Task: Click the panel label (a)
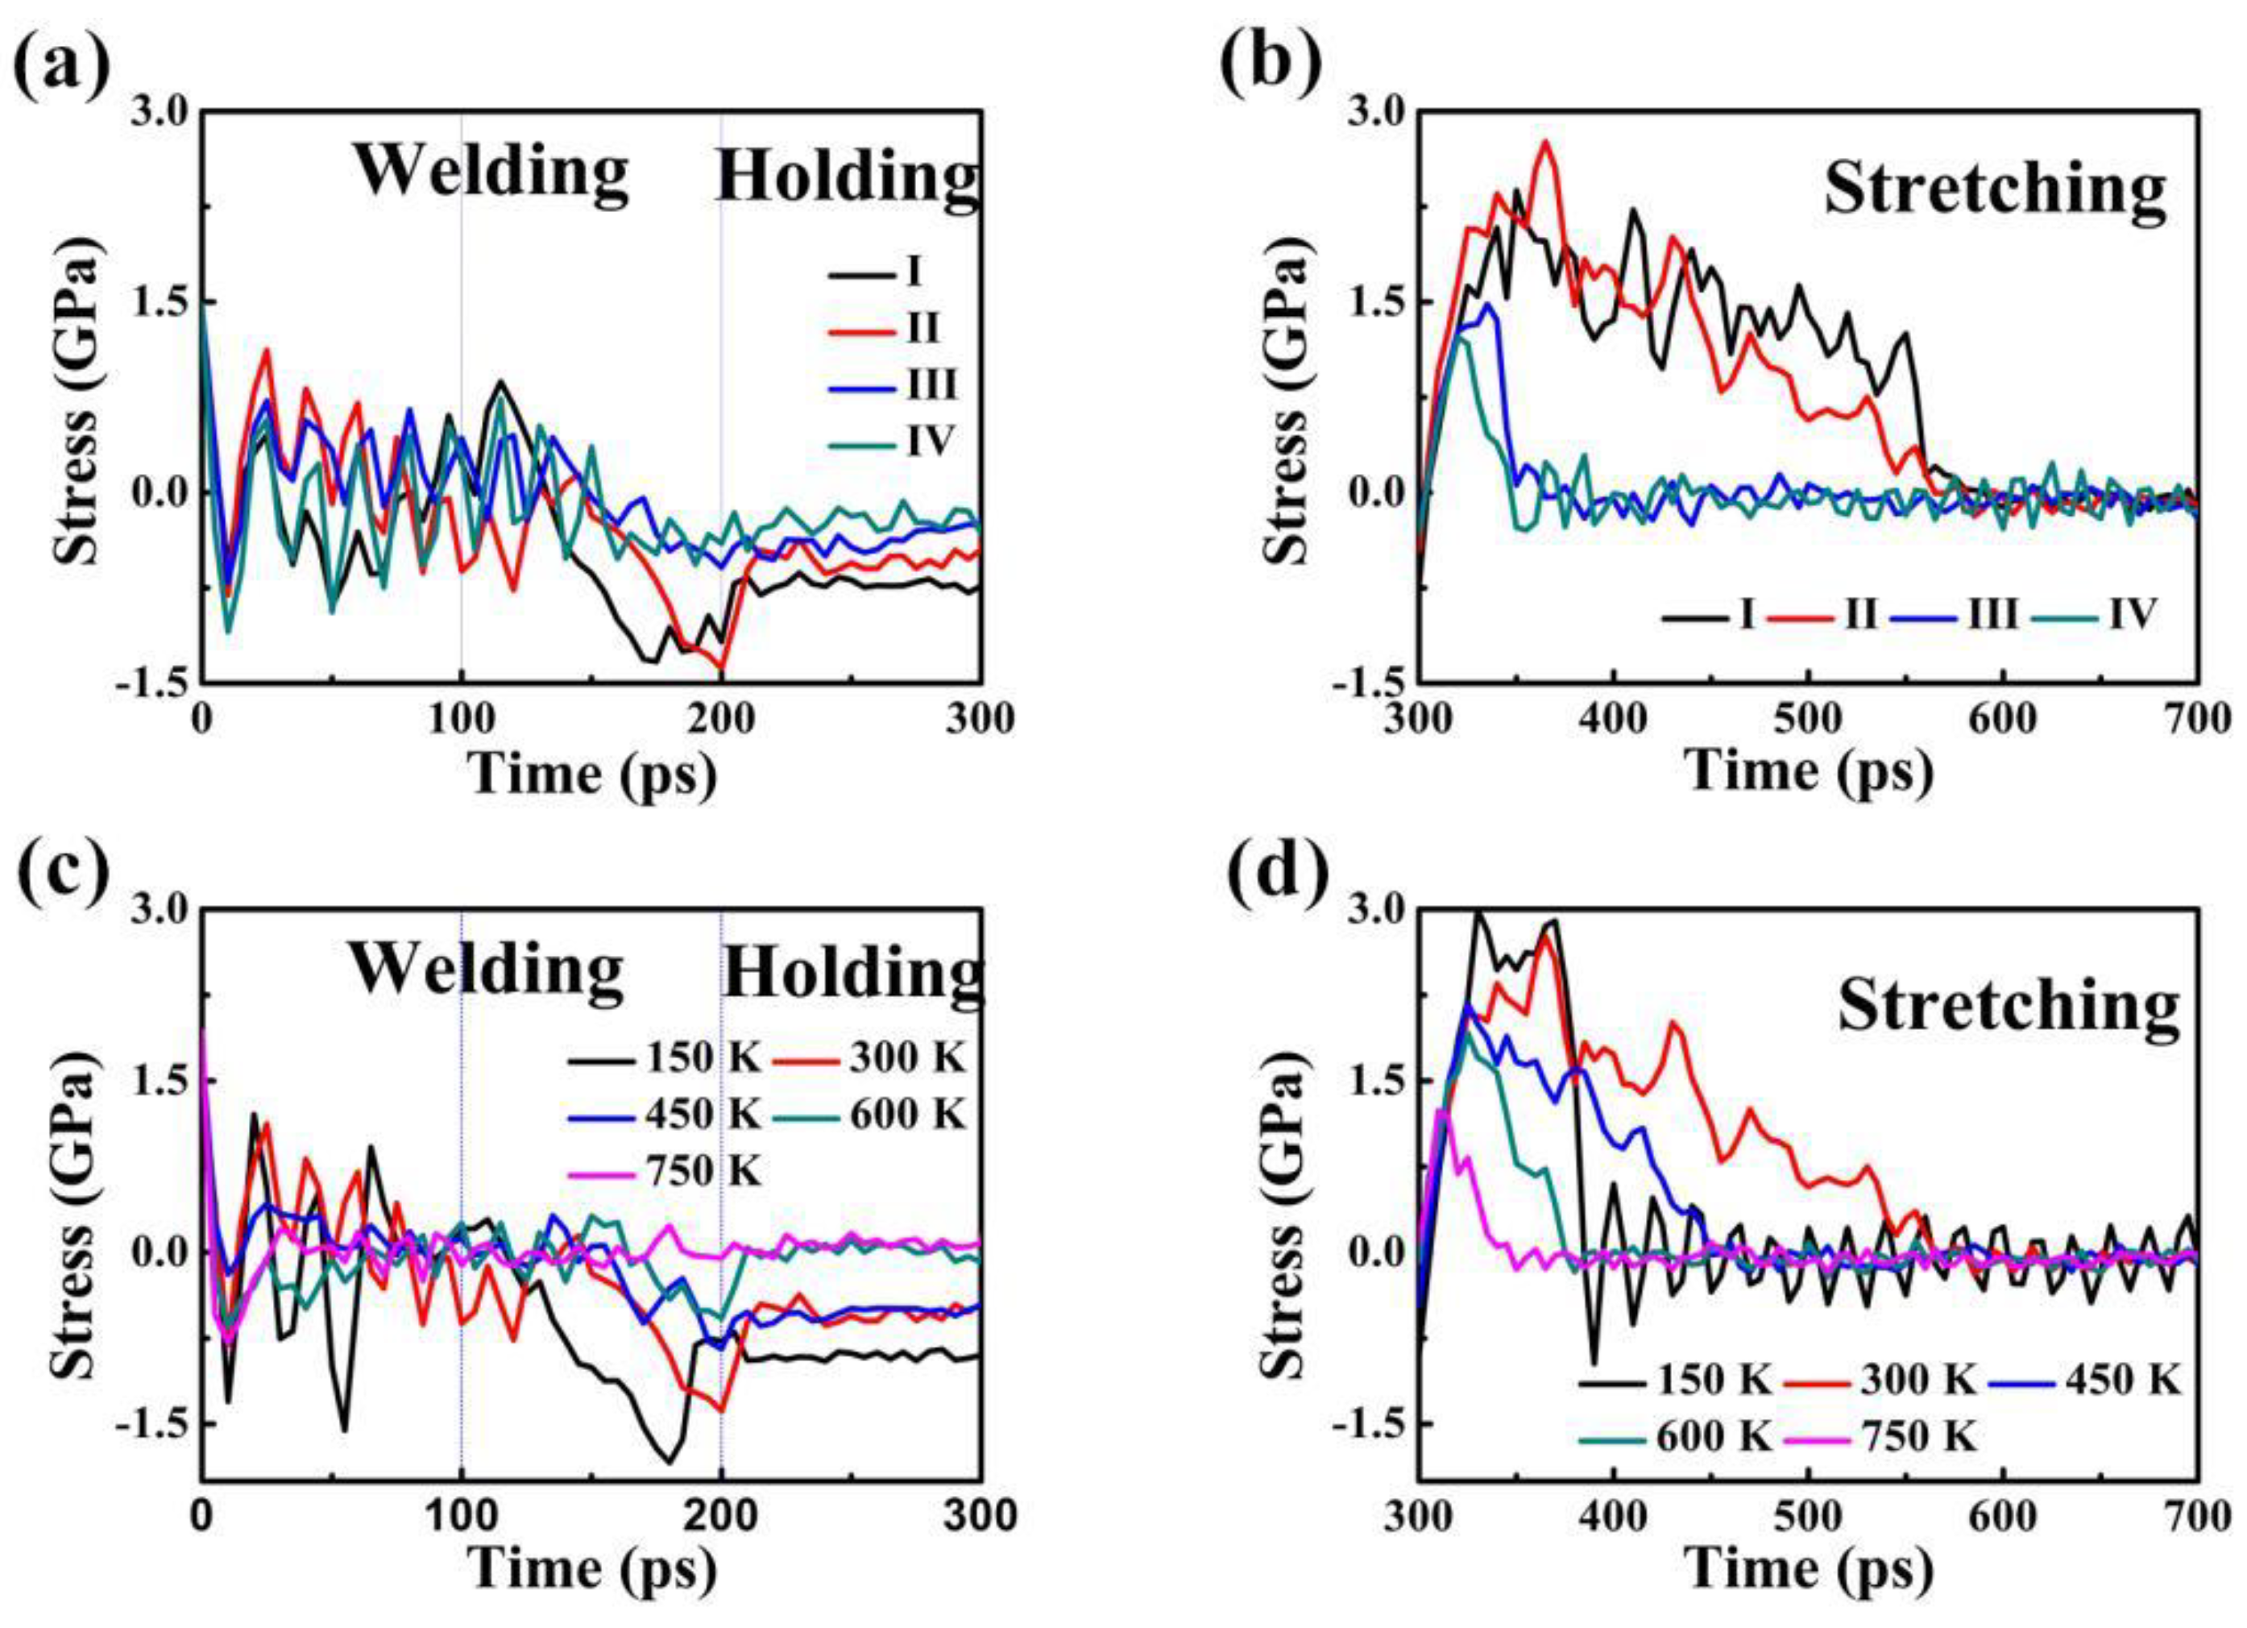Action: [x=61, y=61]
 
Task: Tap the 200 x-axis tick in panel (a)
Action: [x=720, y=717]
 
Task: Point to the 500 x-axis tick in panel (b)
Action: [x=1808, y=717]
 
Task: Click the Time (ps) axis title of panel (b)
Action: [x=1809, y=773]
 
